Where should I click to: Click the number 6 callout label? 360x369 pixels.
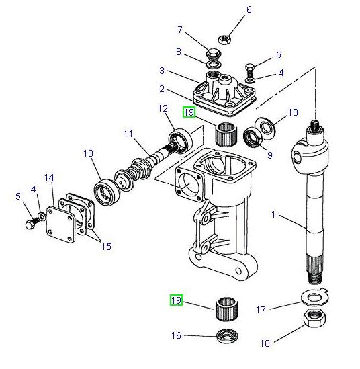click(x=230, y=9)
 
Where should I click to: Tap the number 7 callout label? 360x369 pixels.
click(x=179, y=30)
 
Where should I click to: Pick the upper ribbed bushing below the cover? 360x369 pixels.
click(x=226, y=132)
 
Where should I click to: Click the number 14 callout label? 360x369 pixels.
click(x=49, y=177)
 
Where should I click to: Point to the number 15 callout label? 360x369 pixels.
click(x=105, y=247)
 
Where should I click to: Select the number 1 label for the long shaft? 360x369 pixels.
click(x=274, y=215)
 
